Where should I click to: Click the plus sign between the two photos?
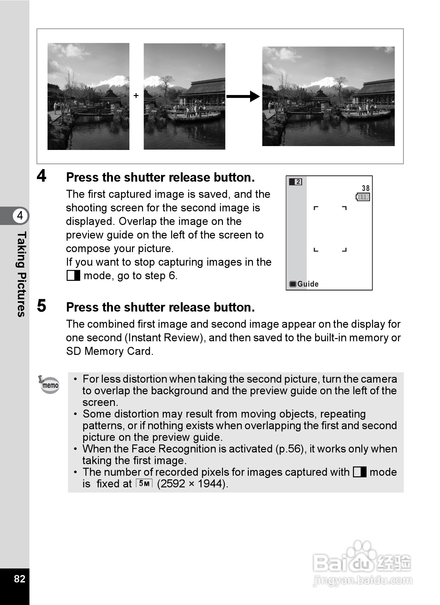136,96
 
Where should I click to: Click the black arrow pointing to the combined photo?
243,96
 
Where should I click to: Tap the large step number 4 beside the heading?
41,176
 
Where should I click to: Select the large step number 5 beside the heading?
41,306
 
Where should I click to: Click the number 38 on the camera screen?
366,188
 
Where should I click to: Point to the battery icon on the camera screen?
363,197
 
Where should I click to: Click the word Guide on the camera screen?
308,284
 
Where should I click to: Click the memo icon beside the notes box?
49,384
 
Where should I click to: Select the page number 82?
19,578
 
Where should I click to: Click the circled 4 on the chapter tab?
20,215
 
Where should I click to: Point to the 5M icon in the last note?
144,483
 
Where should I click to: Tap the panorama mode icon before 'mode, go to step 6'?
73,276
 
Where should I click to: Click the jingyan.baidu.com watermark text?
362,580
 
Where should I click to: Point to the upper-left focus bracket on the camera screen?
316,208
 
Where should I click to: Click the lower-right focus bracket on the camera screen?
345,250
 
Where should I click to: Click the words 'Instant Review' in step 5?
165,338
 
